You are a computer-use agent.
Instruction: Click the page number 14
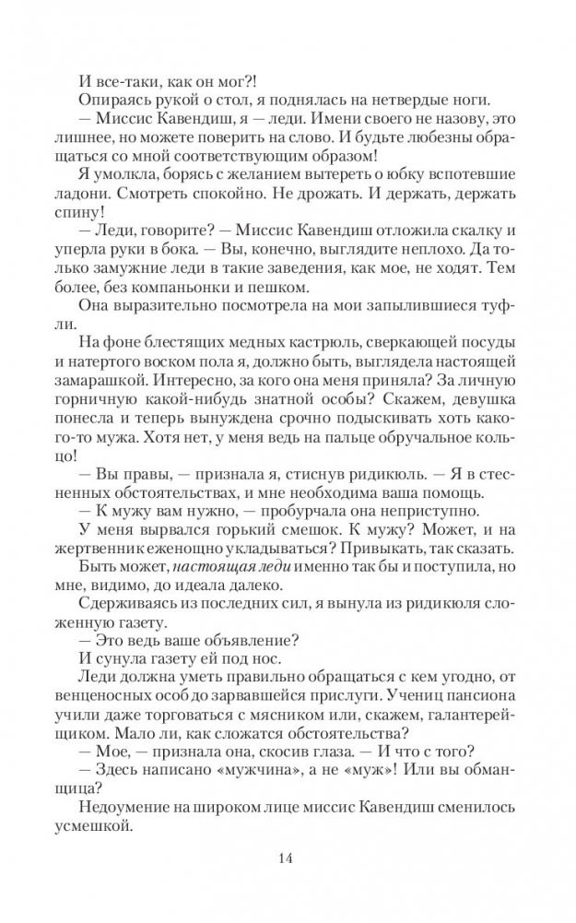[287, 859]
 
